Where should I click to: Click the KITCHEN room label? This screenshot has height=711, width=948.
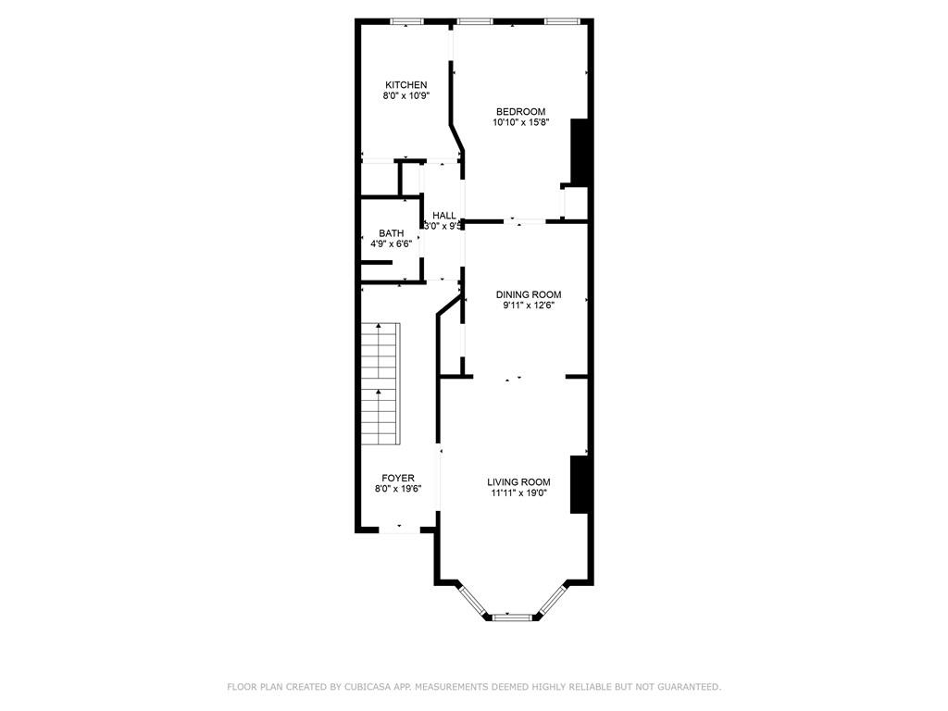tap(406, 85)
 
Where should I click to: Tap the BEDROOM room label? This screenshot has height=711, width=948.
tap(520, 112)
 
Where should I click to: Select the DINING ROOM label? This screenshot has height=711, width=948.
tap(529, 295)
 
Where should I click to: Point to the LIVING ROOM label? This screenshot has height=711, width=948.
tap(518, 482)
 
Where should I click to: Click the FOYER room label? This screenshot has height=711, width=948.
tap(398, 479)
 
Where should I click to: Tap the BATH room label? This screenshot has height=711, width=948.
tap(392, 233)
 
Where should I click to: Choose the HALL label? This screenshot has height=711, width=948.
tap(444, 216)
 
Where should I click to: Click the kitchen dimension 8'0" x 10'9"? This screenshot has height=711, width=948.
tap(406, 95)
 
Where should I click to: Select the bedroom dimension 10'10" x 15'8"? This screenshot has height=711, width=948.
tap(520, 122)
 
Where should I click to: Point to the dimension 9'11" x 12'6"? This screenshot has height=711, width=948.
tap(529, 306)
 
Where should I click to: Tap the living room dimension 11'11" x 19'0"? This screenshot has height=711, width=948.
tap(518, 493)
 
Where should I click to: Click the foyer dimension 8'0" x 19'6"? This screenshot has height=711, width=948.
tap(398, 489)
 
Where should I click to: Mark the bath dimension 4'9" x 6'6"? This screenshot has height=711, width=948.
tap(392, 243)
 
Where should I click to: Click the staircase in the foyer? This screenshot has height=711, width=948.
tap(380, 384)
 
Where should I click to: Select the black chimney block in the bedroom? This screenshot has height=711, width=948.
tap(580, 153)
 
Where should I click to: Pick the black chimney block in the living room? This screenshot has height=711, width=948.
tap(580, 485)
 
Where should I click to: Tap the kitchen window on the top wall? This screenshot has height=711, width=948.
tap(406, 22)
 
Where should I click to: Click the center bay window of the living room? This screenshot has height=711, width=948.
tap(511, 617)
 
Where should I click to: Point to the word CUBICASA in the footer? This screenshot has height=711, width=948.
tap(367, 687)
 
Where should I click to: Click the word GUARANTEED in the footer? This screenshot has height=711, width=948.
tap(691, 687)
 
